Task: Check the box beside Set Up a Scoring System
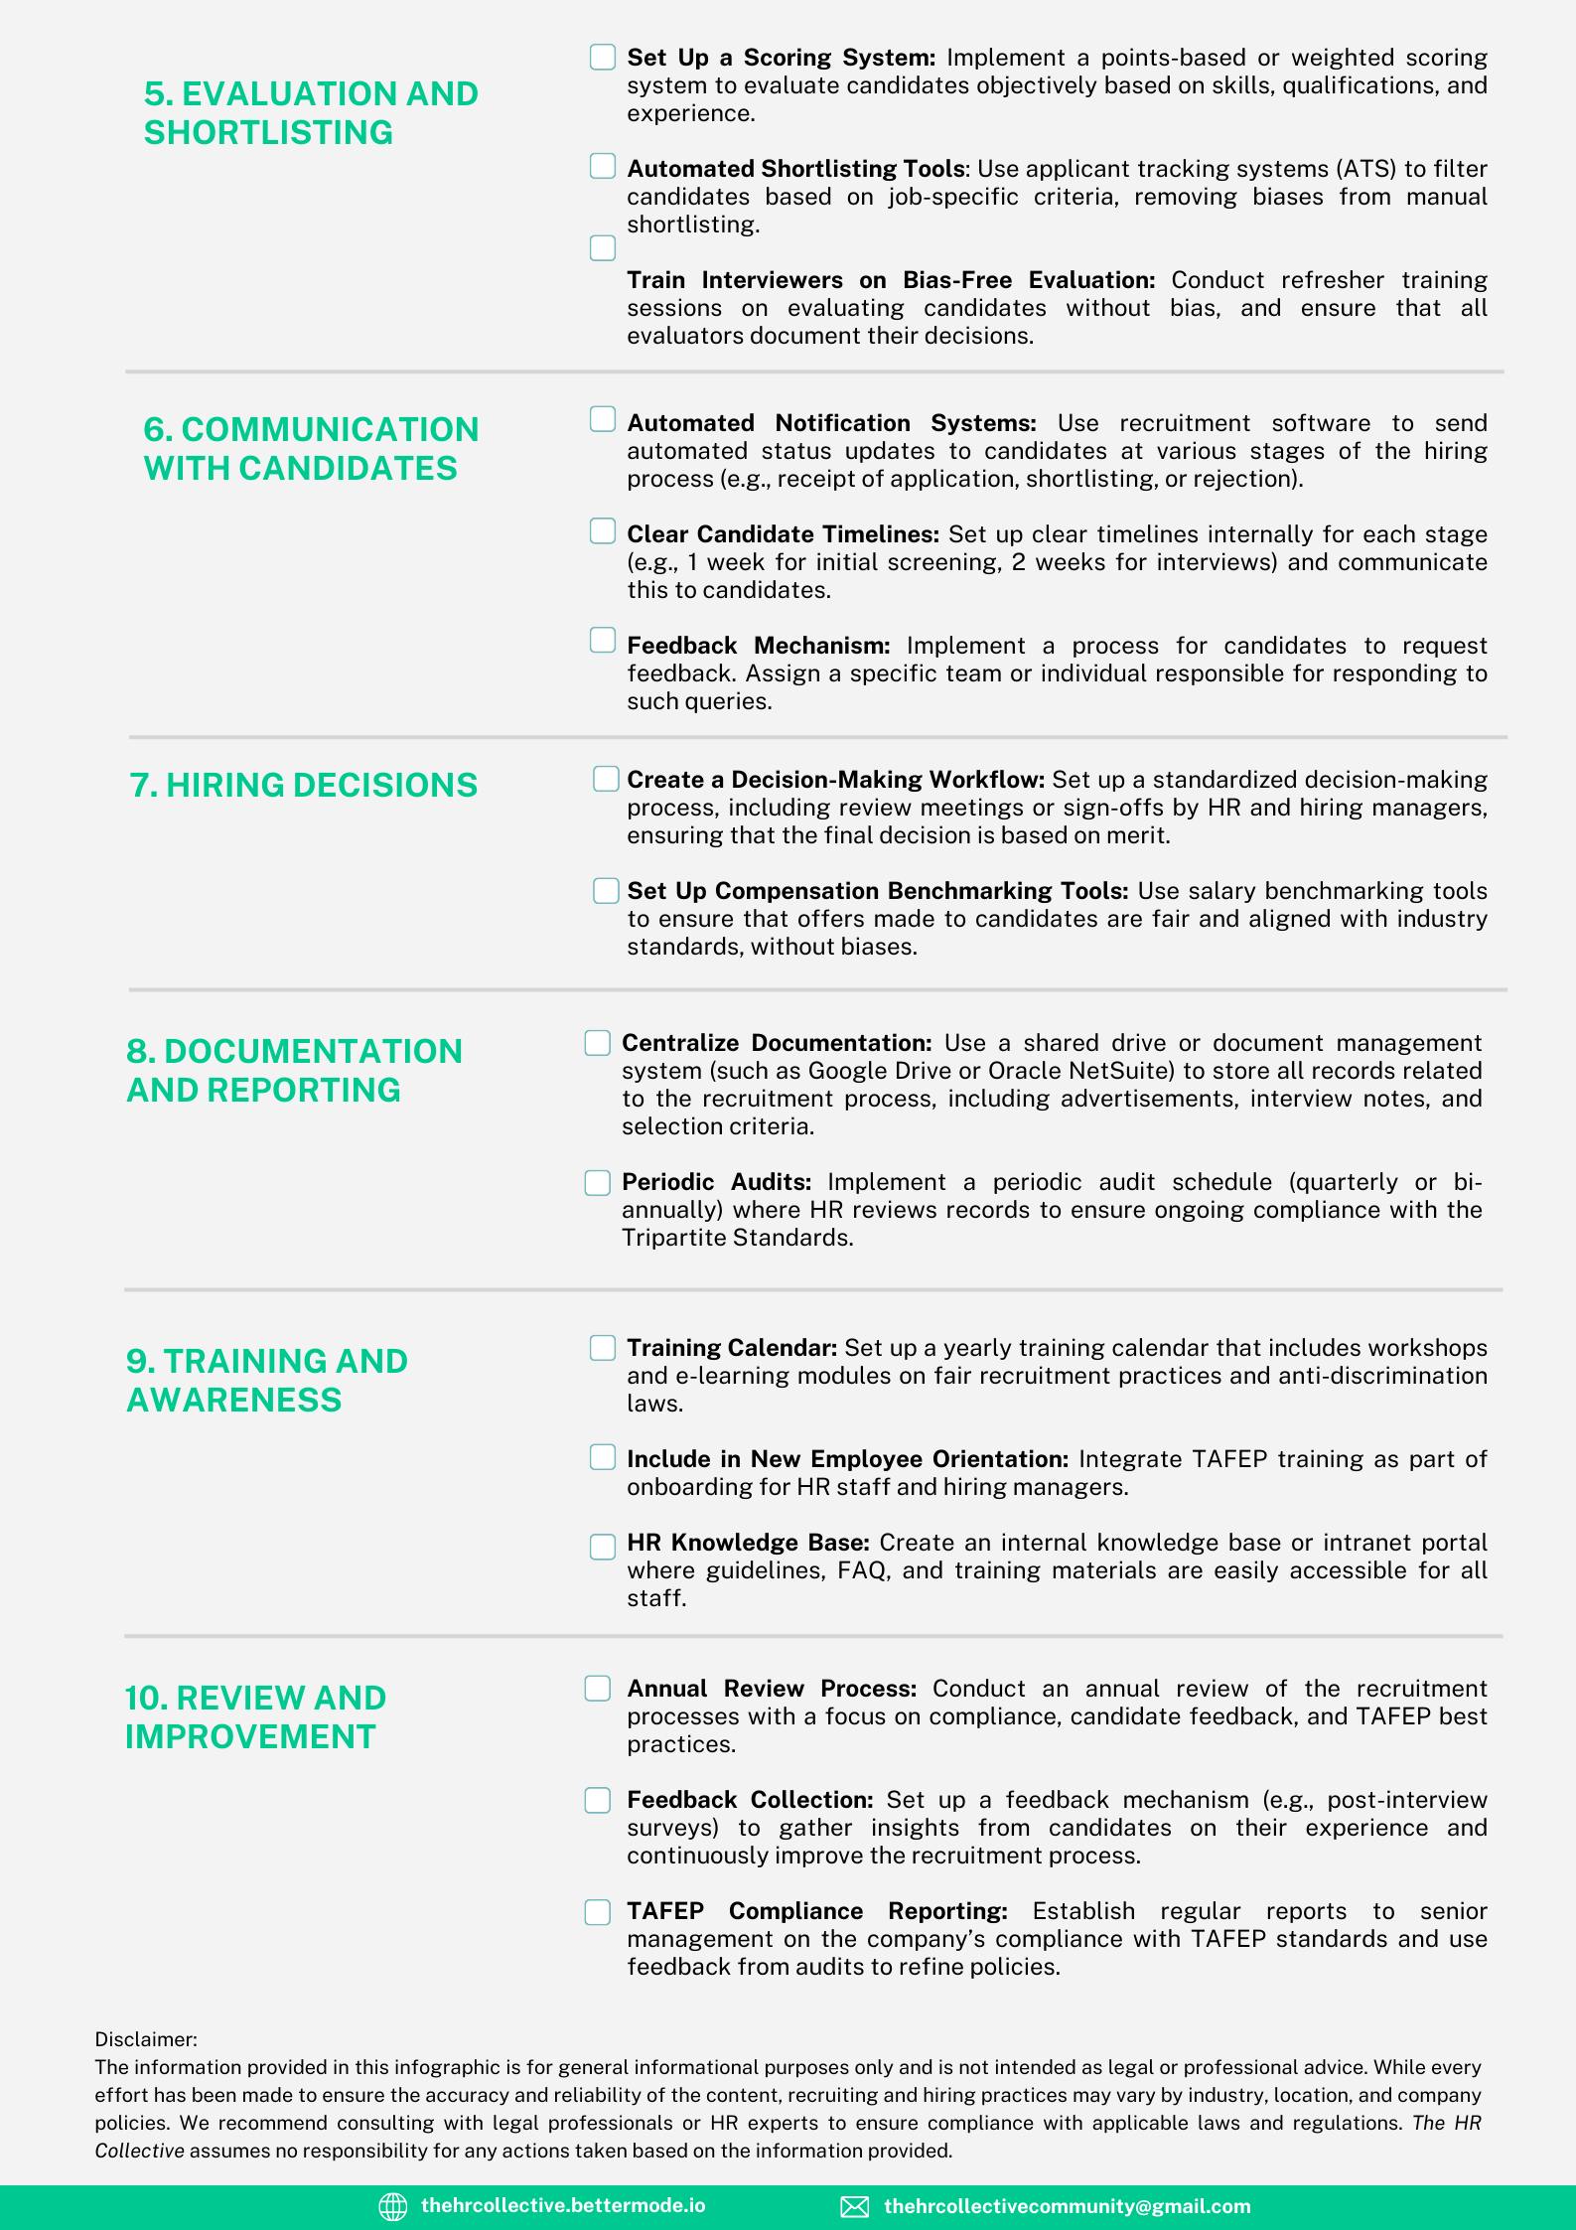click(603, 58)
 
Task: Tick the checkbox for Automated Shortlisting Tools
click(603, 167)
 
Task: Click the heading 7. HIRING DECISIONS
click(304, 785)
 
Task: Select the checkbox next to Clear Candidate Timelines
click(603, 532)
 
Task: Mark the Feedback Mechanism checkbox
click(603, 641)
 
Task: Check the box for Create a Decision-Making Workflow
click(606, 779)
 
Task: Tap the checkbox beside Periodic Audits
click(597, 1182)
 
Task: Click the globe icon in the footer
click(393, 2206)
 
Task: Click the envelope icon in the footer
click(854, 2206)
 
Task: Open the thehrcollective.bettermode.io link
click(563, 2205)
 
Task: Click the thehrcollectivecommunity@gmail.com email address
click(1067, 2206)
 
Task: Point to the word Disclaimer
click(146, 2039)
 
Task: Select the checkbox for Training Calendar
click(603, 1348)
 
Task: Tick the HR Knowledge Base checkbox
click(603, 1547)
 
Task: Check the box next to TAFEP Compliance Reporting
click(597, 1912)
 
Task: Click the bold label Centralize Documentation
click(777, 1043)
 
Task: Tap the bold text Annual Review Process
click(772, 1689)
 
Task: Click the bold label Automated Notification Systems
click(831, 423)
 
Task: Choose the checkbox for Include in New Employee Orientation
click(603, 1457)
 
